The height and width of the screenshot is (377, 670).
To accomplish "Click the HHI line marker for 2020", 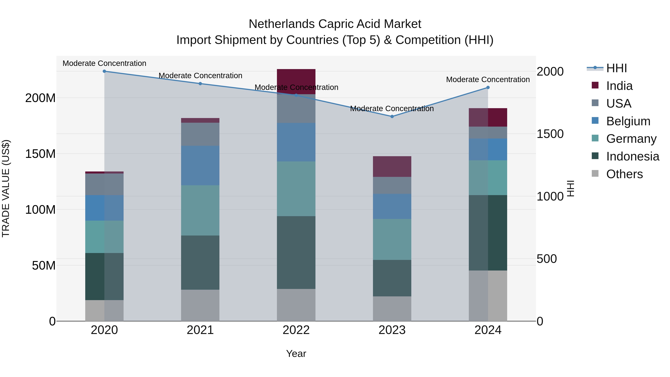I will [104, 71].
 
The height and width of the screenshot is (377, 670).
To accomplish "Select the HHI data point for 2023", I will [392, 117].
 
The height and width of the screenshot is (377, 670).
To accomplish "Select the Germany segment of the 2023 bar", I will [392, 239].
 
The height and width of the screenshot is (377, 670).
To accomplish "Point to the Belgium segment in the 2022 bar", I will [296, 142].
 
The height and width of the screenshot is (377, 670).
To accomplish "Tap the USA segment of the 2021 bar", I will [200, 134].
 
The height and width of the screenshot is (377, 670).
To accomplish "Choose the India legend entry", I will [619, 86].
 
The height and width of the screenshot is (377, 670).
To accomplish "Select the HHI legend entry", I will [616, 68].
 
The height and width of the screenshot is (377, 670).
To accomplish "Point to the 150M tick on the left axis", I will [40, 154].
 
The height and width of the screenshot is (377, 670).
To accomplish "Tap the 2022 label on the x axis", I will [296, 330].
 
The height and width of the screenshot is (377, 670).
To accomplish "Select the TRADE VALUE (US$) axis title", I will [6, 188].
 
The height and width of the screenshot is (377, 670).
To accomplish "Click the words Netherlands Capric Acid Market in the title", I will [335, 24].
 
